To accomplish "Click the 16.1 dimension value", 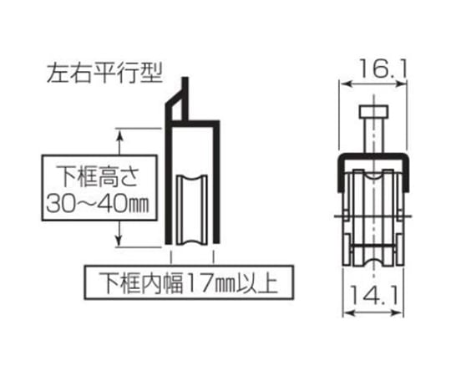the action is tap(383, 69).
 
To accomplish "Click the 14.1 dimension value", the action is tap(374, 296).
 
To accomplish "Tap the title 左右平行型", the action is tap(104, 73).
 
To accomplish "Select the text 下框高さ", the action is tap(98, 175).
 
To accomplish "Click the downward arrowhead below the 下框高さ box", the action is tap(119, 239).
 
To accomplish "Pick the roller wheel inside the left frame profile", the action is tap(192, 210).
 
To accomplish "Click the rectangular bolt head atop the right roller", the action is tap(373, 112).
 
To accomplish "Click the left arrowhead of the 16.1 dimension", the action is tap(345, 84).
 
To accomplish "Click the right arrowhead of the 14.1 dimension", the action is tap(398, 312).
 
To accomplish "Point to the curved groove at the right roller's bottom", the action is tap(373, 262).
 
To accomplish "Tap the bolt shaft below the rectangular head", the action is tap(373, 135).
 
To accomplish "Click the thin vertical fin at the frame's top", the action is tap(185, 99).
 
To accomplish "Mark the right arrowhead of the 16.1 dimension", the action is tap(402, 84).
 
